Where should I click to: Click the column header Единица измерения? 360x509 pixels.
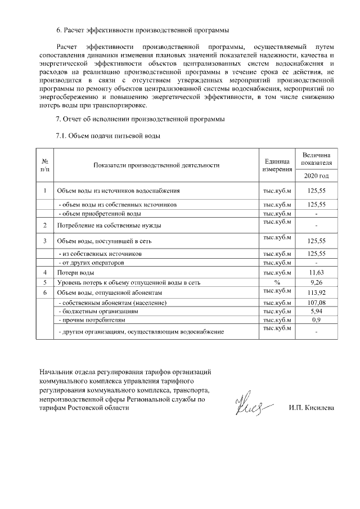coord(277,165)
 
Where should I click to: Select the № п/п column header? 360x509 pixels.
coord(44,165)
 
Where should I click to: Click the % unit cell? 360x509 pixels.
coord(277,282)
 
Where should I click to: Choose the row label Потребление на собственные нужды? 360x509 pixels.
coord(109,226)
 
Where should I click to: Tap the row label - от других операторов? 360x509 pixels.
coord(91,263)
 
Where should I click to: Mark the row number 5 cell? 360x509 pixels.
coord(44,282)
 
